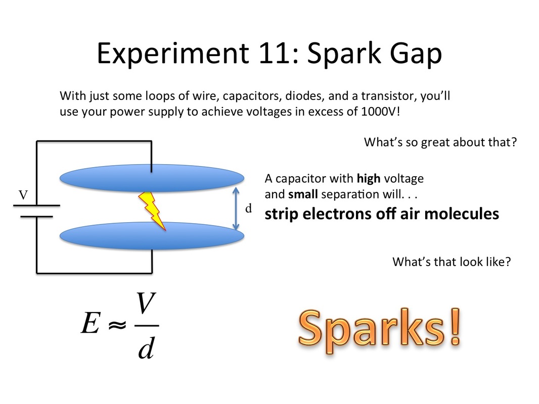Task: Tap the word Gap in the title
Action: [x=416, y=54]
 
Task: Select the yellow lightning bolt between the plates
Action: [x=152, y=211]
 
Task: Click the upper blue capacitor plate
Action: [x=152, y=178]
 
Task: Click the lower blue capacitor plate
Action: [x=152, y=235]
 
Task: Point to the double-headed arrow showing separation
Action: [x=236, y=208]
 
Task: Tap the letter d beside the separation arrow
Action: [x=249, y=208]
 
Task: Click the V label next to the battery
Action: [x=23, y=195]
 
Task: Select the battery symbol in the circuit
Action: [x=36, y=211]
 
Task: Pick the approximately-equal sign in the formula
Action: [x=117, y=324]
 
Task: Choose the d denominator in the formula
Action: [x=146, y=348]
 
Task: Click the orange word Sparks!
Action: [x=380, y=328]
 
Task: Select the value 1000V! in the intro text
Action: [x=381, y=112]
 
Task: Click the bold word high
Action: [x=369, y=178]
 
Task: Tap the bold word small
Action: [x=303, y=194]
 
